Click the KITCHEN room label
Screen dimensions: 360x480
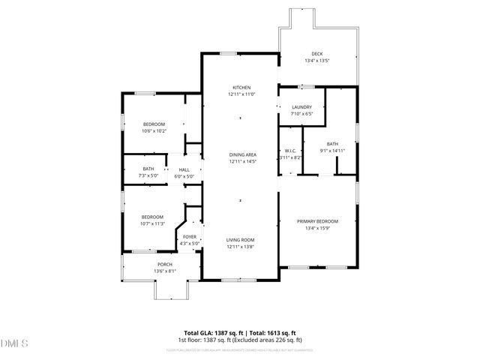pyautogui.click(x=241, y=87)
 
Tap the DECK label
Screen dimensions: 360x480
pyautogui.click(x=317, y=54)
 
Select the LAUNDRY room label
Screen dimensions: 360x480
pyautogui.click(x=301, y=107)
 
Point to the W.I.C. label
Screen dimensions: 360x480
pyautogui.click(x=290, y=151)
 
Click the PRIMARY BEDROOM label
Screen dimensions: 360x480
pyautogui.click(x=317, y=221)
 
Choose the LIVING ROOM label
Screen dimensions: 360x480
pyautogui.click(x=241, y=240)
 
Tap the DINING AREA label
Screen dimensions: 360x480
pyautogui.click(x=241, y=154)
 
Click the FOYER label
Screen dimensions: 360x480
pyautogui.click(x=190, y=237)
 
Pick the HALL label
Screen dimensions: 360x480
pyautogui.click(x=184, y=169)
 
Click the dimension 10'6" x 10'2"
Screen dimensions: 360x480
pyautogui.click(x=154, y=131)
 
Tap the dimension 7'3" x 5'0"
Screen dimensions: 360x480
pyautogui.click(x=148, y=176)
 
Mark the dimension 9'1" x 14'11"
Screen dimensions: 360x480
pyautogui.click(x=332, y=151)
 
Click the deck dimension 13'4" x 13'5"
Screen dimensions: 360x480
pyautogui.click(x=317, y=61)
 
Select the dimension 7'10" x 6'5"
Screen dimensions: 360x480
pyautogui.click(x=301, y=114)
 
